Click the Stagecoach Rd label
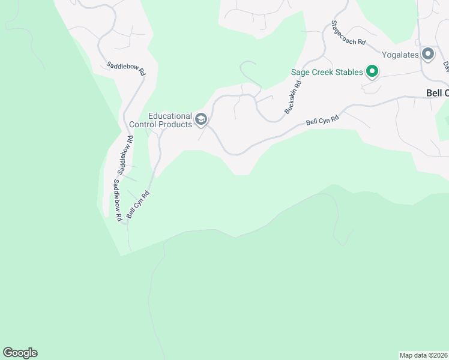coord(348,34)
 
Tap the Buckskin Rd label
coord(292,98)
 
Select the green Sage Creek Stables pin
coord(372,73)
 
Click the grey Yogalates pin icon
coord(428,55)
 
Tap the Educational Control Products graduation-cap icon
coord(200,120)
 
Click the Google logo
coord(20,353)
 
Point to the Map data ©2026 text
coord(424,355)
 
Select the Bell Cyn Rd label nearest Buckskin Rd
coord(322,121)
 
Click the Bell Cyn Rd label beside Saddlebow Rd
coord(137,205)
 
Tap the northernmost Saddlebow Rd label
coord(126,68)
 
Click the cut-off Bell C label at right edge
coord(437,93)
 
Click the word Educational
coord(170,116)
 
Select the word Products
coord(176,124)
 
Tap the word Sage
coord(300,73)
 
